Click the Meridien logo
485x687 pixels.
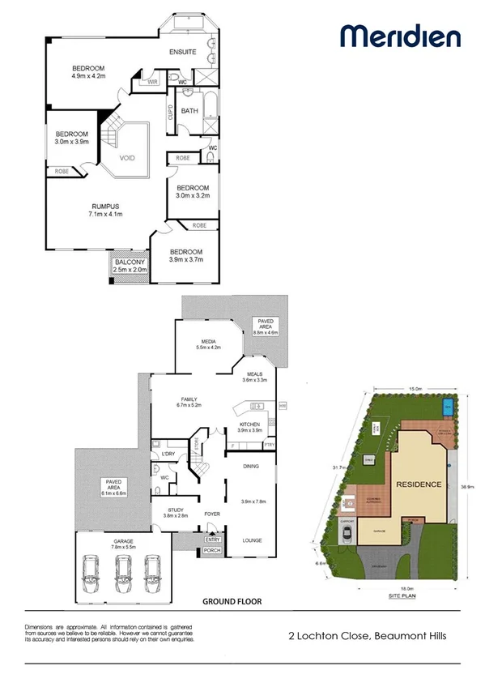click(x=400, y=36)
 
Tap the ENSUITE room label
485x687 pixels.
click(x=183, y=52)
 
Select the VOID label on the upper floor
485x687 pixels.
click(x=128, y=159)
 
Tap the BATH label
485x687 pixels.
click(x=190, y=111)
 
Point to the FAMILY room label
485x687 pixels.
click(x=189, y=400)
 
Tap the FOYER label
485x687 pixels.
click(x=212, y=514)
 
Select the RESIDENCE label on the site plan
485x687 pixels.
click(x=419, y=484)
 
